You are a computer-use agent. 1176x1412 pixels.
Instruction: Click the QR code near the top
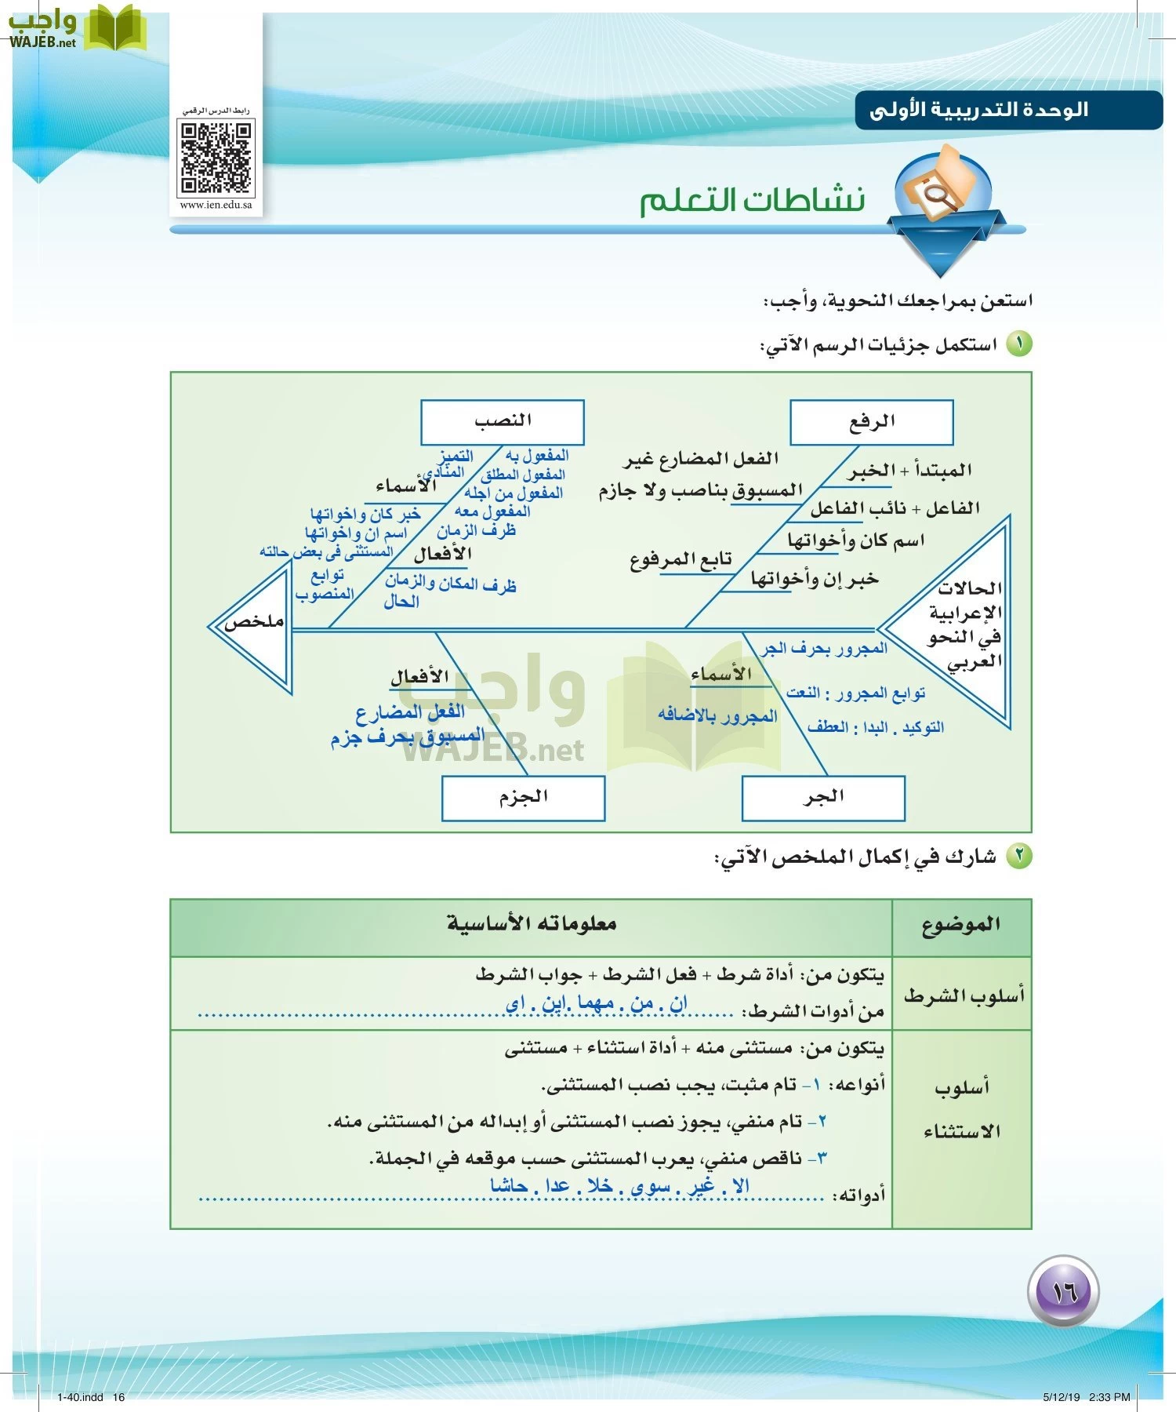216,158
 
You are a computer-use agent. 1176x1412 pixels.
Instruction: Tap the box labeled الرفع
871,422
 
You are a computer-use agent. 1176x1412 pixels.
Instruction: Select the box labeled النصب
503,422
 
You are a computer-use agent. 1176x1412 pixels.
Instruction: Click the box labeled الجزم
523,798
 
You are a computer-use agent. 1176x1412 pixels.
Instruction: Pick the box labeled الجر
823,798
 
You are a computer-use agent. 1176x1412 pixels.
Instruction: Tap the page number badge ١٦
1063,1292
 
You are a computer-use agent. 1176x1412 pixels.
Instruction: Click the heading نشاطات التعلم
753,201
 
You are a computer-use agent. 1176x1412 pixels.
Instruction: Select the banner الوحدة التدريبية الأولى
980,110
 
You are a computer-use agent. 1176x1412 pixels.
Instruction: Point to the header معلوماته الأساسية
532,924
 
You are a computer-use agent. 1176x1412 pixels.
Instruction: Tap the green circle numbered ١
1019,344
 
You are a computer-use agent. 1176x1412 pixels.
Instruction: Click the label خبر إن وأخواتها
815,579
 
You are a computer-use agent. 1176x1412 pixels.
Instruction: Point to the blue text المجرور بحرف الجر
825,649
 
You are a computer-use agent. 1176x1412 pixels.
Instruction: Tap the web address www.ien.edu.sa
216,206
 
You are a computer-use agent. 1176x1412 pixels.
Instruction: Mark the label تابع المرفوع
681,559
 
